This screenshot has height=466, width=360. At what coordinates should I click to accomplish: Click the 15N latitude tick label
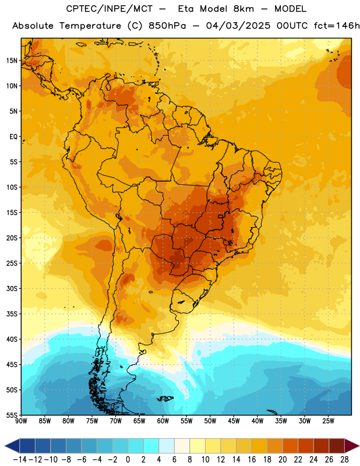[12, 61]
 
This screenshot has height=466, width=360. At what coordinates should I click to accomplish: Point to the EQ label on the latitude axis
[13, 137]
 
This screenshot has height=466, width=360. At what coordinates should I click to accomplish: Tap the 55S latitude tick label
[12, 415]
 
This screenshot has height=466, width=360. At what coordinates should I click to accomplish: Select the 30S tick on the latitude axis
[12, 288]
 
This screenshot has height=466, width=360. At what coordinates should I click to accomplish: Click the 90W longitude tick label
[21, 421]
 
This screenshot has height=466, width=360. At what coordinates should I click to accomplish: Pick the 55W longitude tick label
[186, 421]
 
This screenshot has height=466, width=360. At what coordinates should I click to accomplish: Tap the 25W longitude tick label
[328, 421]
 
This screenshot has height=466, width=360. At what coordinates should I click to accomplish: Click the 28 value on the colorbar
[344, 460]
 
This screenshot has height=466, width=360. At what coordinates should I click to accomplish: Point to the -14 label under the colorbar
[20, 460]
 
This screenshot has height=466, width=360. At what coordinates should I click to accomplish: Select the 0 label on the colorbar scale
[128, 460]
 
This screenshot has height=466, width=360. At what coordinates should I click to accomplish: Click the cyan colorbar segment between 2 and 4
[151, 446]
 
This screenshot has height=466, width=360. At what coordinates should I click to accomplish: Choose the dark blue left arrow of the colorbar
[12, 446]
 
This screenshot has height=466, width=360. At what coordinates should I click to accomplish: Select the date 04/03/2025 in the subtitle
[238, 26]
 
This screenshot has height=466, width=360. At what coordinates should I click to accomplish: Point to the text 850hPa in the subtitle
[167, 26]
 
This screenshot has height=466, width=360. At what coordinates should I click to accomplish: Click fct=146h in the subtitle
[337, 26]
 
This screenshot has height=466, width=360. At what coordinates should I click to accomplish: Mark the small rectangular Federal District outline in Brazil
[221, 216]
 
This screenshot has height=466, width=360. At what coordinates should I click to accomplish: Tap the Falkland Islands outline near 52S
[165, 398]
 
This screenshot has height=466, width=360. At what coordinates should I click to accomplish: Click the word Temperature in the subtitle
[90, 26]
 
